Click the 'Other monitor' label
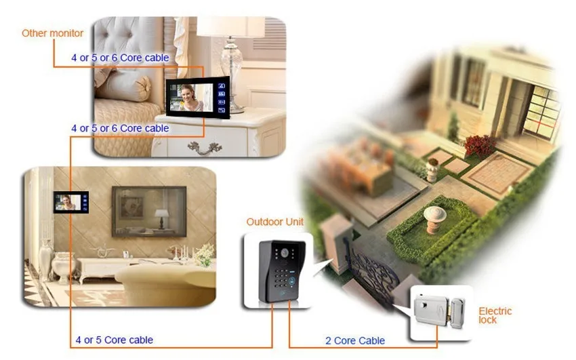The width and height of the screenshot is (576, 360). click(53, 33)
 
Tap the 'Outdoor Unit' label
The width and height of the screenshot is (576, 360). click(274, 222)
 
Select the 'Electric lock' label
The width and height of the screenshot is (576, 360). click(495, 315)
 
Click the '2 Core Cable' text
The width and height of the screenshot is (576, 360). click(355, 341)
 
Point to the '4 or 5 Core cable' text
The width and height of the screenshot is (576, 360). click(115, 340)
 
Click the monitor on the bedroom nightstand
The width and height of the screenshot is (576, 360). click(198, 98)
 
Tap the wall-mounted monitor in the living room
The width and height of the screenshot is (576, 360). click(71, 202)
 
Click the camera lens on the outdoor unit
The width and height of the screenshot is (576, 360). click(285, 253)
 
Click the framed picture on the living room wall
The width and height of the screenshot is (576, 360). click(149, 212)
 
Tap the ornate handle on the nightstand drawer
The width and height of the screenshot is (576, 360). click(205, 148)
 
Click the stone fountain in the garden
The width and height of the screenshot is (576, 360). click(434, 220)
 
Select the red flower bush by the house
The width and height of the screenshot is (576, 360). click(480, 146)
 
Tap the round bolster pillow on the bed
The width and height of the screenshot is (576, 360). click(123, 89)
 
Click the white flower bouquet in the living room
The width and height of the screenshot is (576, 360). click(204, 254)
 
